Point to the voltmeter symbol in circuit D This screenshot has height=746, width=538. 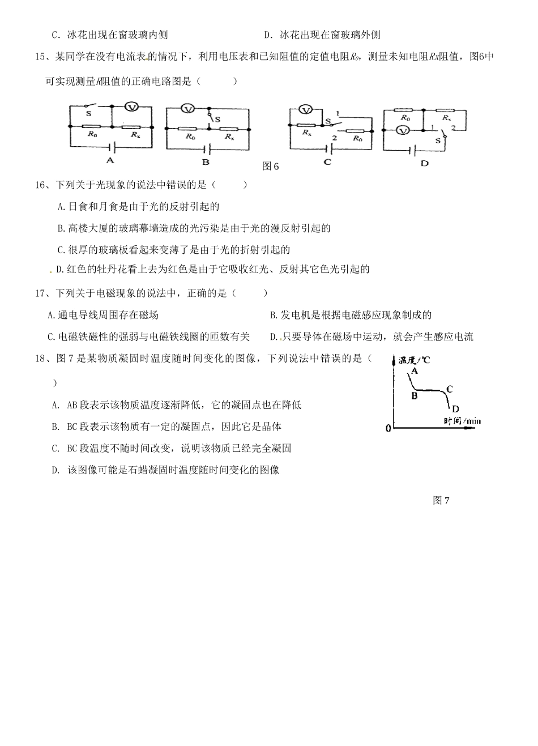403,130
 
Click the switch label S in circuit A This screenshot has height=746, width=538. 88,114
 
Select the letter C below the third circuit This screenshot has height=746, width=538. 327,162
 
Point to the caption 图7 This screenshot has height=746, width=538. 441,500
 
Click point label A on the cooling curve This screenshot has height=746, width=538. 415,370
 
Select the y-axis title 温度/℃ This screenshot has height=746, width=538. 414,360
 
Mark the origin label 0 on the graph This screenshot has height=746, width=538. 388,428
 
